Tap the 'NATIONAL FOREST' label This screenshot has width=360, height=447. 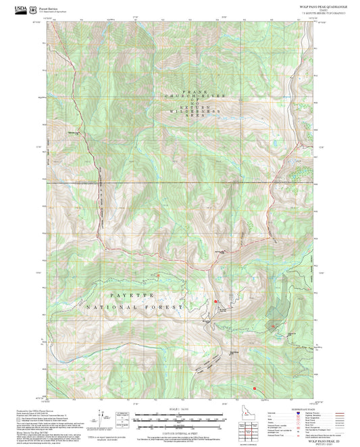point(135,307)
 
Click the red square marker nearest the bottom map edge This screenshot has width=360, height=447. point(255,388)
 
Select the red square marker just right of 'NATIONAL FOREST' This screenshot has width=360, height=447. point(215,300)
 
